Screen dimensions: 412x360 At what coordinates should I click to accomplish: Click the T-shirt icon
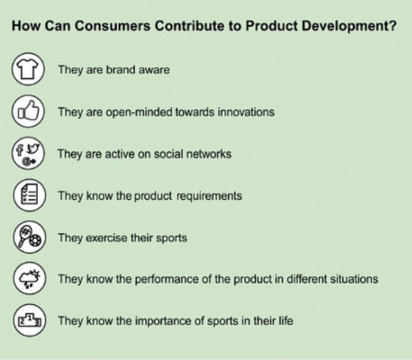(28, 69)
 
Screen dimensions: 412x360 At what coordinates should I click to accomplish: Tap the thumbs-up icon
(28, 111)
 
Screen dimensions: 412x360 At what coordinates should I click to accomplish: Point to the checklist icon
(30, 195)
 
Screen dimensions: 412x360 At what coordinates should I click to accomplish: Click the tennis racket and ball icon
(30, 237)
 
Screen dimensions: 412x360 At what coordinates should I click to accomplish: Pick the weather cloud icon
(30, 278)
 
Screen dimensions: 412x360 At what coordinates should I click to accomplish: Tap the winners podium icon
(30, 320)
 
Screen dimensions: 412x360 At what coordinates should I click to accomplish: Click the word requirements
(209, 196)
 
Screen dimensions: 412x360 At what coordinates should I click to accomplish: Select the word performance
(167, 279)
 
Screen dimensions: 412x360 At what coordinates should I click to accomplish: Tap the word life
(286, 321)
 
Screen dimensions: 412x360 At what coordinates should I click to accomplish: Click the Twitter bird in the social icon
(33, 148)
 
